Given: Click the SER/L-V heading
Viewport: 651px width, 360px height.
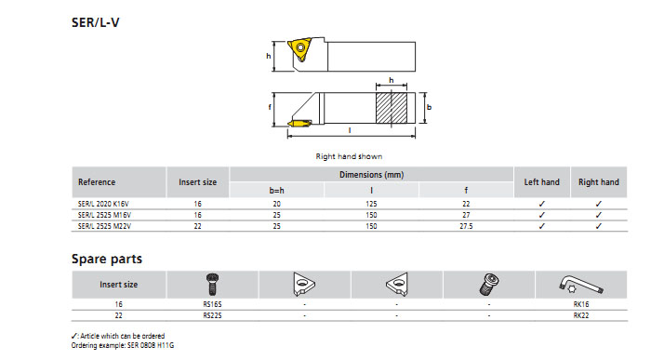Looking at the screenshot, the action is [95, 22].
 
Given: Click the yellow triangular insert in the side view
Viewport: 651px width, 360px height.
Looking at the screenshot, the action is [299, 49].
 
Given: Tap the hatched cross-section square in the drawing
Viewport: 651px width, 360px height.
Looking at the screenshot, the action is [392, 108].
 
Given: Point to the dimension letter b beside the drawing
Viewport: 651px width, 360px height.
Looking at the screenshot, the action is [429, 107].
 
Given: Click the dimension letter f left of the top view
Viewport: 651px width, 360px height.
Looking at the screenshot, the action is [270, 107].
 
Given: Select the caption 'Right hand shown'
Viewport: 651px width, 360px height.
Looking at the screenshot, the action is [349, 156].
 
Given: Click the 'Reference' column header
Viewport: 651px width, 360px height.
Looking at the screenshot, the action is [97, 182].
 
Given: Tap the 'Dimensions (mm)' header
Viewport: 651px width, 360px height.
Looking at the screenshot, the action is [372, 175].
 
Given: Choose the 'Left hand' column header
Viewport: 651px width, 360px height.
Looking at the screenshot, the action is [541, 182].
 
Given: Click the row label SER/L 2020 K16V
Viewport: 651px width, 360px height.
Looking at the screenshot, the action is [103, 204].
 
